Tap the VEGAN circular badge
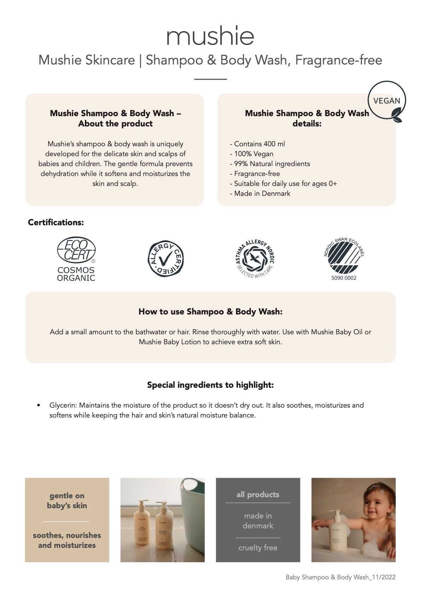click(x=387, y=101)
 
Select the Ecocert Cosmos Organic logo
click(x=76, y=259)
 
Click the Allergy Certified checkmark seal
click(x=165, y=259)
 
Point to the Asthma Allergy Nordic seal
click(x=255, y=258)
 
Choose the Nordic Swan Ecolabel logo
click(x=344, y=256)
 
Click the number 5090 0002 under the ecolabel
click(x=344, y=278)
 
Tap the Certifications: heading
click(x=56, y=222)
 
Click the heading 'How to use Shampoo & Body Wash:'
click(x=210, y=312)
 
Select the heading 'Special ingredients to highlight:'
click(x=210, y=385)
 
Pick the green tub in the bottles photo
click(x=193, y=503)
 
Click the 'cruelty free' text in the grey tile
click(x=258, y=547)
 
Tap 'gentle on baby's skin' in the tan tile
click(x=67, y=500)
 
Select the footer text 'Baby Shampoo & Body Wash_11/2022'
click(x=340, y=577)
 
